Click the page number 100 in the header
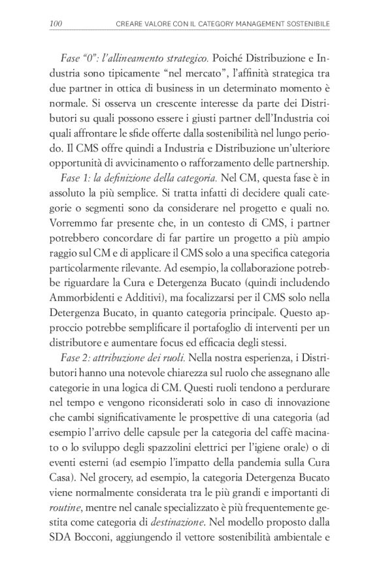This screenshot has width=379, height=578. [56, 24]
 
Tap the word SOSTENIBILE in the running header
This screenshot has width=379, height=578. [301, 24]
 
